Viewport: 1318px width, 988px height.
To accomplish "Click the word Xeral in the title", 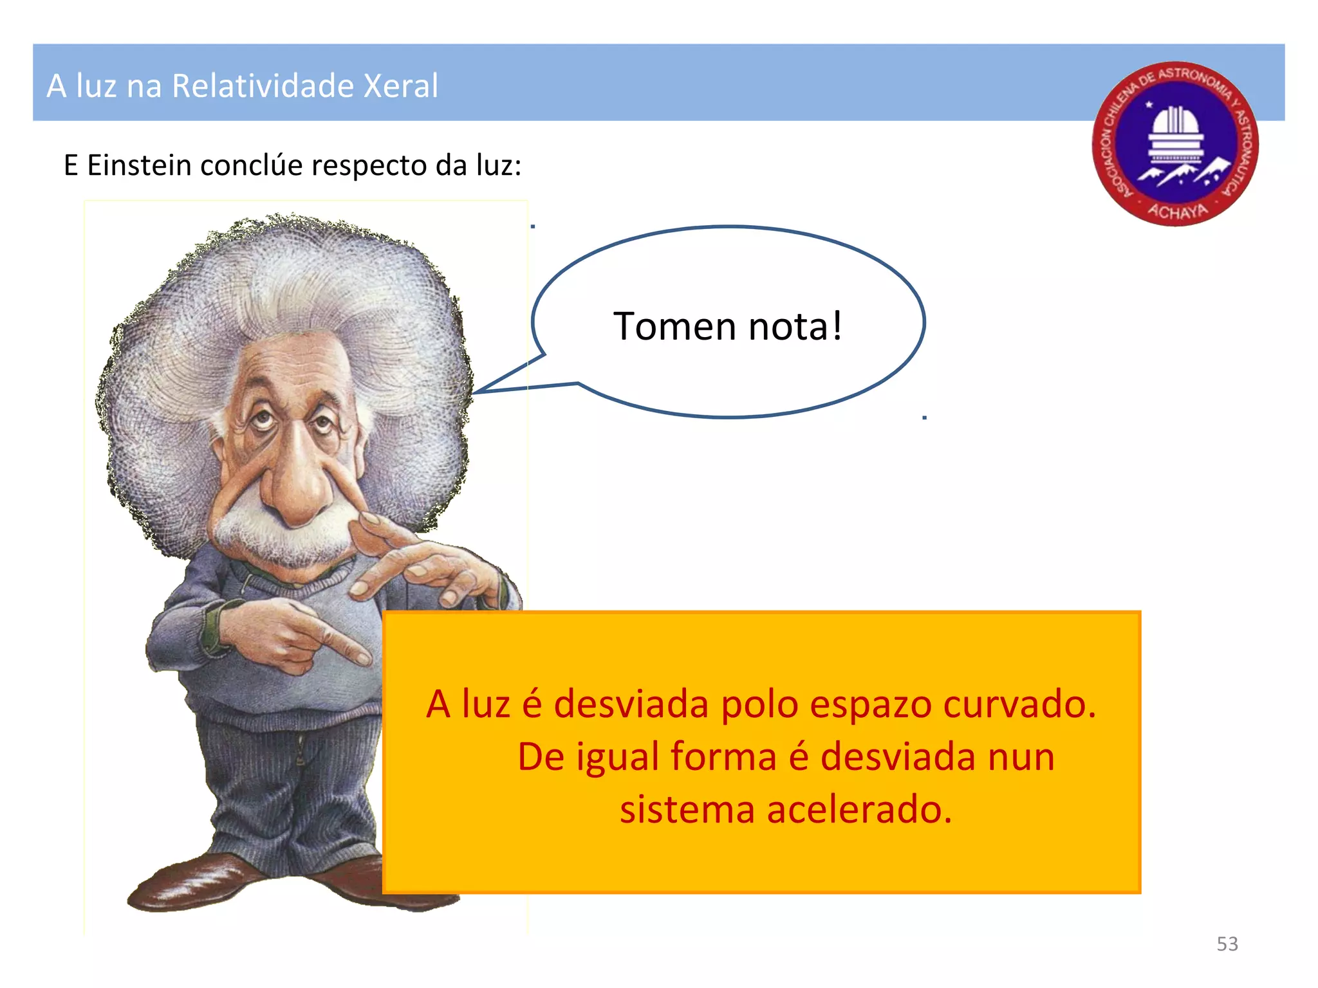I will (x=400, y=86).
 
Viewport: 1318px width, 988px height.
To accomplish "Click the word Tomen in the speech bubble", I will (x=674, y=326).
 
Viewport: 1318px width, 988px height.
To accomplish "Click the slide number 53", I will (x=1227, y=944).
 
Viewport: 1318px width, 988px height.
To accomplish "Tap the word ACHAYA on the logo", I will (x=1178, y=210).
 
